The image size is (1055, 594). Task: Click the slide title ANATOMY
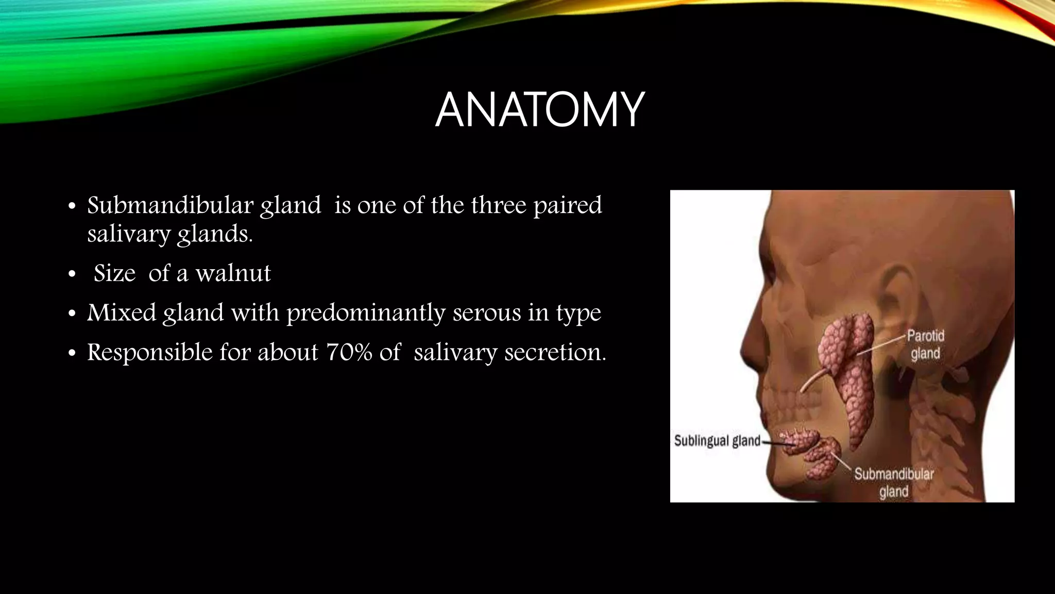539,110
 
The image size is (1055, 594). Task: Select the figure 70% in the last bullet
349,352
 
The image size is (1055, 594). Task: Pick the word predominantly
365,313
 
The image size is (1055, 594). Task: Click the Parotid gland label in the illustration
925,345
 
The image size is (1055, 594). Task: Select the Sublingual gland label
717,441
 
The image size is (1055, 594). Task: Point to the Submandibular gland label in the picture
894,482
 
